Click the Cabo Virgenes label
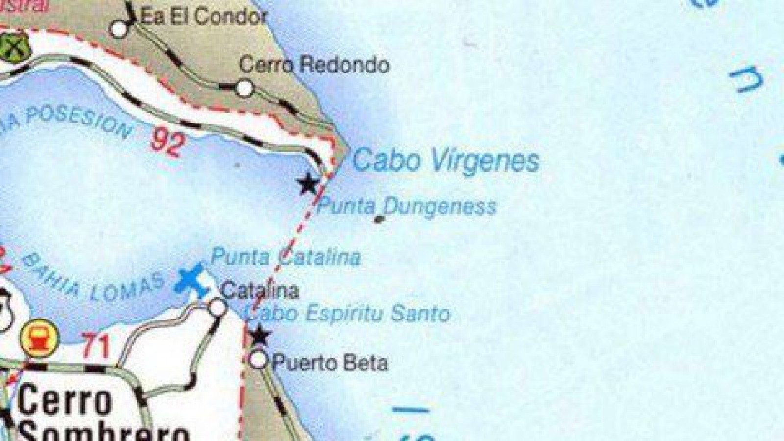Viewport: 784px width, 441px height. click(446, 160)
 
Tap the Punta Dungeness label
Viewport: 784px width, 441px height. click(407, 206)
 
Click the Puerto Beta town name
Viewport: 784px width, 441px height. click(329, 363)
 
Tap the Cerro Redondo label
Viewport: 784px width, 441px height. click(315, 65)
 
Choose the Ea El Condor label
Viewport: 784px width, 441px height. click(203, 17)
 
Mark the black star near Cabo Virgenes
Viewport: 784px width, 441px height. click(308, 184)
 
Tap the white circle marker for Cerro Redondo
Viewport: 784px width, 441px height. click(244, 88)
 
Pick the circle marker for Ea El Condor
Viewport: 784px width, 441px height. click(119, 29)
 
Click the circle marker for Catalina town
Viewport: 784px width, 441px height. click(218, 308)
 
